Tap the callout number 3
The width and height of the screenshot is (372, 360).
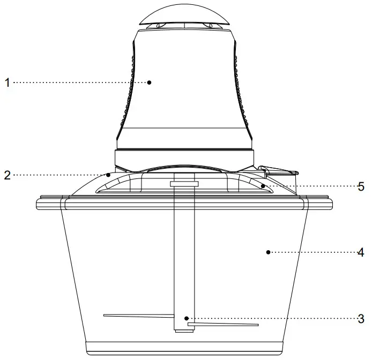(361, 319)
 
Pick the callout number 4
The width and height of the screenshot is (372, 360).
(361, 252)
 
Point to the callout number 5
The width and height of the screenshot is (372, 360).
(361, 186)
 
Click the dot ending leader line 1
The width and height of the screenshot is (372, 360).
(150, 82)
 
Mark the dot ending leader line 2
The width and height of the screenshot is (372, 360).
(108, 175)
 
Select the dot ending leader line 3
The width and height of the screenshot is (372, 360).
(186, 319)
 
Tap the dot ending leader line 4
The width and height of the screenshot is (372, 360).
(267, 252)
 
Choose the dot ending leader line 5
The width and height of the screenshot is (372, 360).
(263, 186)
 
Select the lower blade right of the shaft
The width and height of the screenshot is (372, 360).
(225, 325)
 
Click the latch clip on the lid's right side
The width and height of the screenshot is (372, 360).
(279, 172)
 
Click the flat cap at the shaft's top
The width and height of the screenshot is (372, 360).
(184, 184)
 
